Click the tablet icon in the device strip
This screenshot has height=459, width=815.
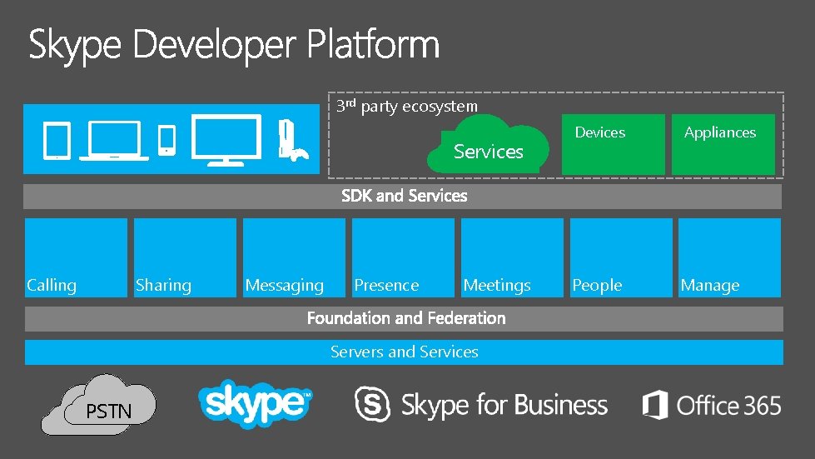click(56, 140)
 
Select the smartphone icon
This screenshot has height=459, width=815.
click(167, 139)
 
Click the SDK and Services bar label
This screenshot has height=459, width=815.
click(404, 196)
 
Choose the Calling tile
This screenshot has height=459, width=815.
click(76, 257)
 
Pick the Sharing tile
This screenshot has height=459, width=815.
click(185, 257)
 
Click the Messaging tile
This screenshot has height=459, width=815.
click(294, 257)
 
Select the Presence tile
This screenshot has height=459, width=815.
click(403, 257)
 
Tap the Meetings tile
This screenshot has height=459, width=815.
click(512, 257)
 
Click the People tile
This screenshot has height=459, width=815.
click(621, 257)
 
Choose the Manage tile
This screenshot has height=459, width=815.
click(729, 257)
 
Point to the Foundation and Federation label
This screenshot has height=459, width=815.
click(406, 318)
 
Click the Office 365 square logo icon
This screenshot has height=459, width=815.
click(655, 406)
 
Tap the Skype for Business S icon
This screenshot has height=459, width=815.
click(372, 405)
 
